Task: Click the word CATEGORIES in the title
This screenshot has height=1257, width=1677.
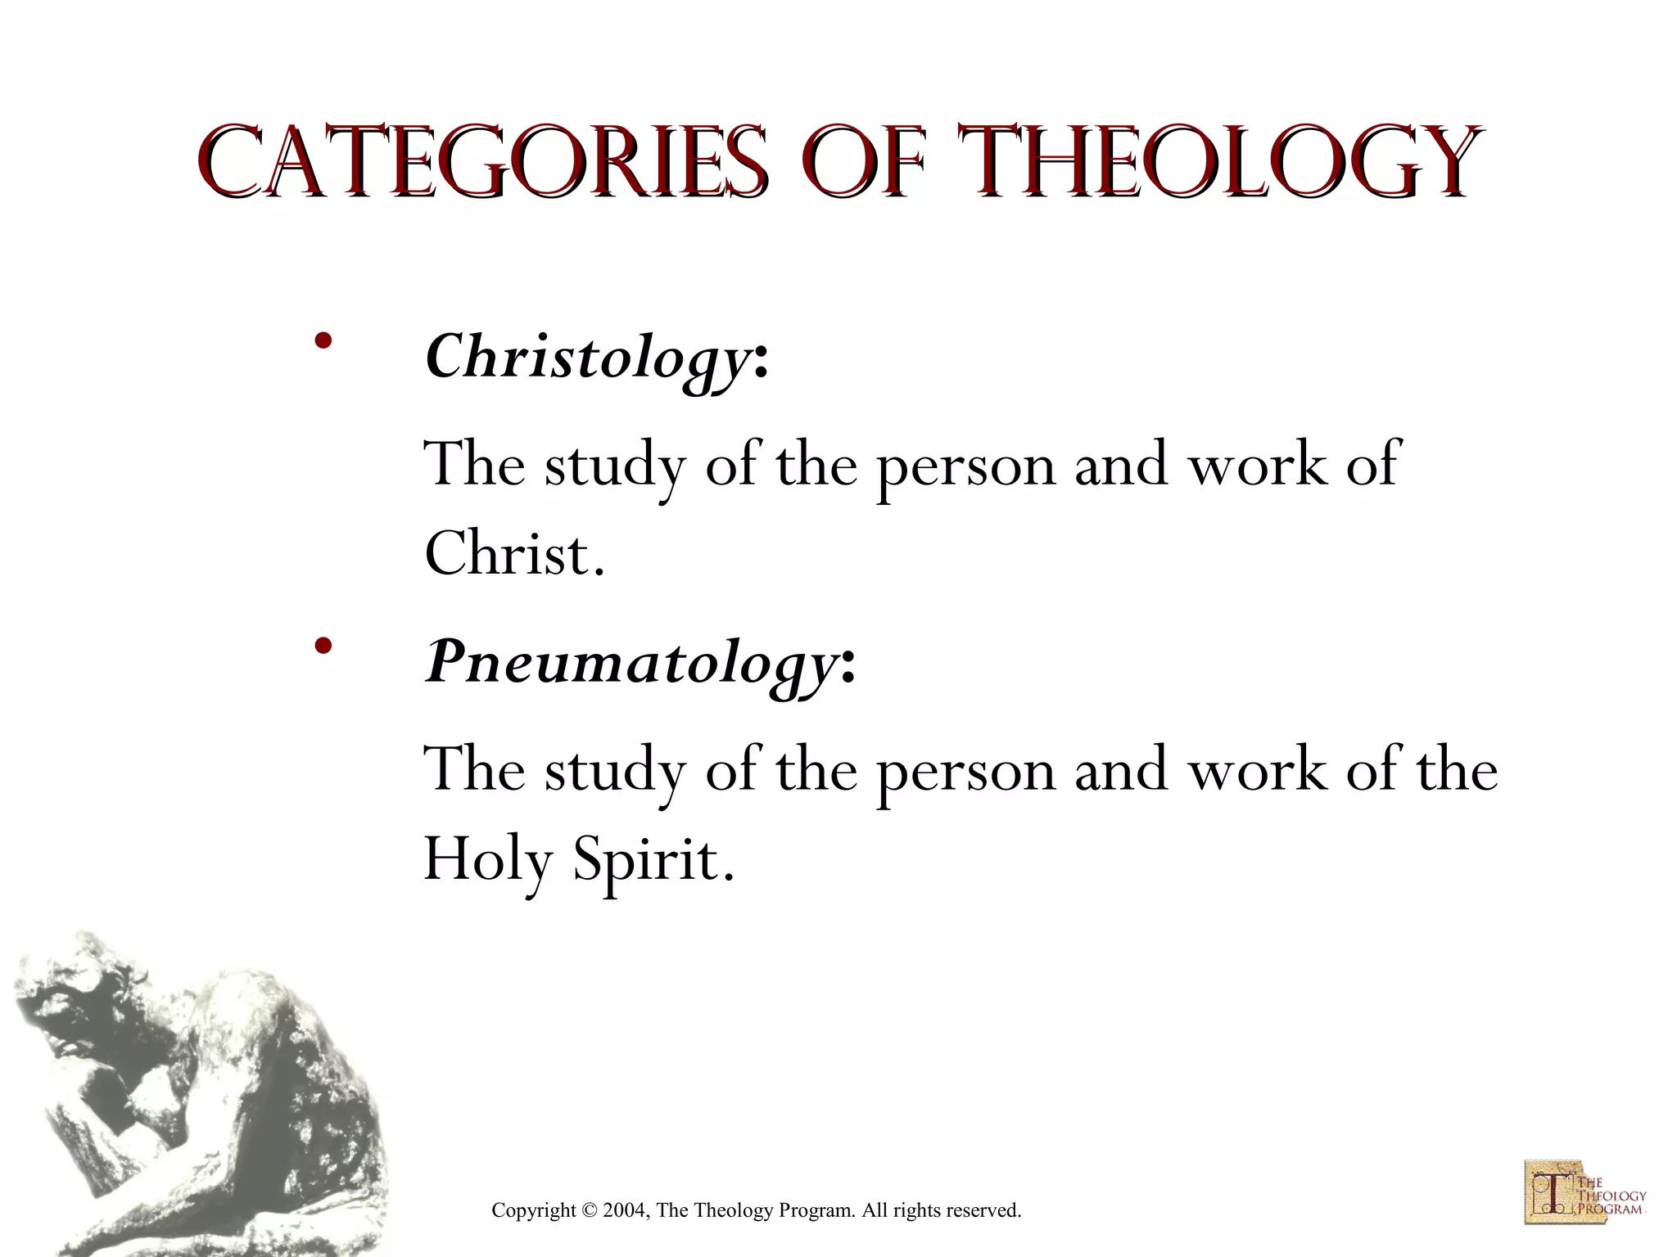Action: pos(483,161)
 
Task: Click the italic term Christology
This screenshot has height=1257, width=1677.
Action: pos(585,357)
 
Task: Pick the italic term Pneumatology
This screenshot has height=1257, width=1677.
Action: pos(629,661)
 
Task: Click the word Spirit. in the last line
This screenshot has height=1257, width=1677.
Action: pos(653,859)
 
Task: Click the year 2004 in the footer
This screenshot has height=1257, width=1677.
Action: pos(626,1210)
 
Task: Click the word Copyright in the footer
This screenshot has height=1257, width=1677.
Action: pos(533,1210)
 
